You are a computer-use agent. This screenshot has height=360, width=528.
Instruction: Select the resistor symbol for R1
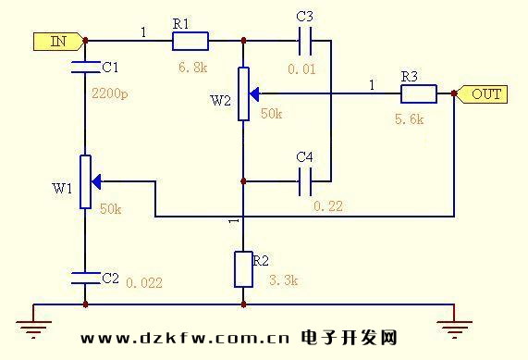tap(190, 41)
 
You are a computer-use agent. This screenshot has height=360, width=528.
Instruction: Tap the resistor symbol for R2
tap(242, 268)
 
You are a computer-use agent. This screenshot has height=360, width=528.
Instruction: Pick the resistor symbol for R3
tap(418, 94)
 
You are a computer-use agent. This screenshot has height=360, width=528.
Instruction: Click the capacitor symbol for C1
tap(84, 67)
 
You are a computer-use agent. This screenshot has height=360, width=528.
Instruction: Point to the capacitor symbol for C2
tap(84, 277)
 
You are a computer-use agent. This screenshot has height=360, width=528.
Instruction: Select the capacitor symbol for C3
tap(306, 41)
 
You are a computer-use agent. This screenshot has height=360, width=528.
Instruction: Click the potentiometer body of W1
tap(84, 181)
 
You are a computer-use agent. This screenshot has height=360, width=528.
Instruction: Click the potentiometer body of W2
tap(242, 94)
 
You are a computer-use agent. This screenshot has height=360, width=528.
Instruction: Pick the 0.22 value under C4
tap(327, 206)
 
